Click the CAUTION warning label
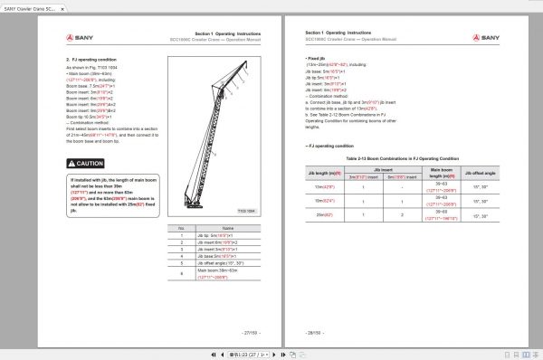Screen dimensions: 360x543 [90, 164]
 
